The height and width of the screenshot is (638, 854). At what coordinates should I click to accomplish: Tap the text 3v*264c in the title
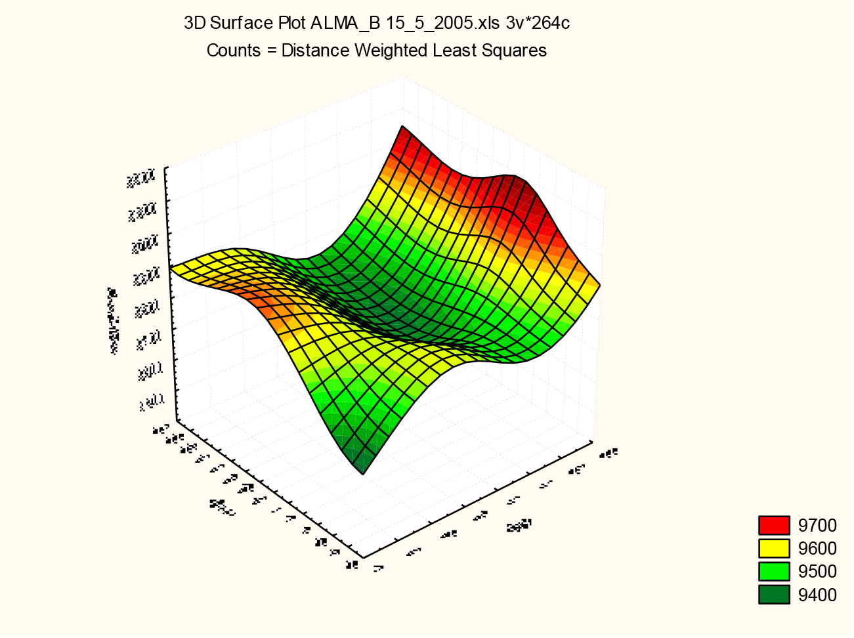pos(536,24)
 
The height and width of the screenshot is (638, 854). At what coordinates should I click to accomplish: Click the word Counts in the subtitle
pos(233,51)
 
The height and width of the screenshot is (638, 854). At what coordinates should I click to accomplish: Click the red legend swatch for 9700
pos(774,525)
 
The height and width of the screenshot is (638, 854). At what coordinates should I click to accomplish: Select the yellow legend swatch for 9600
pos(774,548)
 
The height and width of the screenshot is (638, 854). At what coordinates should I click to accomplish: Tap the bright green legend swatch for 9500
pos(774,571)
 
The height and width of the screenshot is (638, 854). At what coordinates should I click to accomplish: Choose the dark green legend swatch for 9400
pos(774,595)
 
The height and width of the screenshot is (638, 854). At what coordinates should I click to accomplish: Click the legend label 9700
pos(817,525)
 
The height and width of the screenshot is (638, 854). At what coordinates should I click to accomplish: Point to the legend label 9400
pos(817,595)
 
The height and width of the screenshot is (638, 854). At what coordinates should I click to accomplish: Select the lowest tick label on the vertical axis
pos(150,402)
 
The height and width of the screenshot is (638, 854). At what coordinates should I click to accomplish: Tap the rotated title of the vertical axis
pos(114,321)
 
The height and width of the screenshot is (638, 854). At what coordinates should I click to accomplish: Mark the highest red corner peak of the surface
pos(402,127)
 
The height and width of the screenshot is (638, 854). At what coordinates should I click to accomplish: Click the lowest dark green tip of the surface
pos(362,471)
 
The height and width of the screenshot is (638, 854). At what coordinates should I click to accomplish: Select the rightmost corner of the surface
pos(598,285)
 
